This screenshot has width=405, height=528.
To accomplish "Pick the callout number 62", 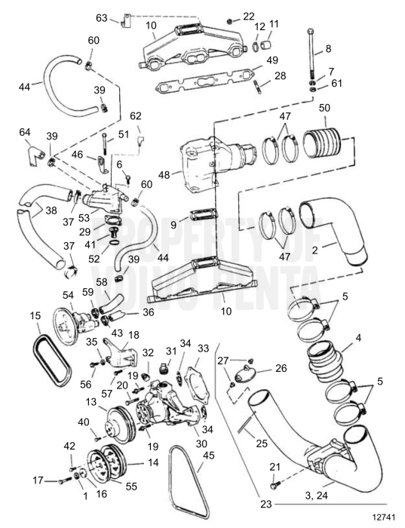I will click(136, 116).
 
